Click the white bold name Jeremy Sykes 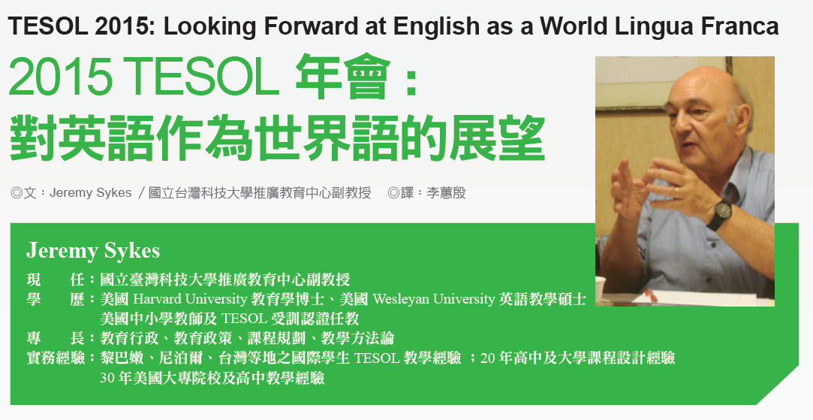[93, 251]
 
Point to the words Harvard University [190, 299]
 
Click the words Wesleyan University [433, 299]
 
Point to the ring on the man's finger [677, 193]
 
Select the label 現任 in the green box [55, 279]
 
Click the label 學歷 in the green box [55, 299]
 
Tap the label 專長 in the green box [55, 339]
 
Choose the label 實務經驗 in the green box [56, 358]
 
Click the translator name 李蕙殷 [446, 193]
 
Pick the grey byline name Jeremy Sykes [90, 193]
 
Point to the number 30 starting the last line [107, 378]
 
